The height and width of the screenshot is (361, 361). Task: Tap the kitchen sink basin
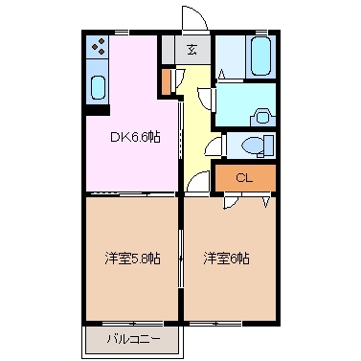point(99,87)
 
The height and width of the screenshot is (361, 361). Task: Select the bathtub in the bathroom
point(261,55)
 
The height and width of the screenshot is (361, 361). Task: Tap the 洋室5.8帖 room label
point(132,259)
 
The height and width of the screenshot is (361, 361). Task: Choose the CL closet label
point(244,178)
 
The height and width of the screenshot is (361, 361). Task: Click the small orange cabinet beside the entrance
point(167,81)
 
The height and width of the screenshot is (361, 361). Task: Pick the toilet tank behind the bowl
point(270,146)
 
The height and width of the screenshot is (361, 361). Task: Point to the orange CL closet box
point(244,178)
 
